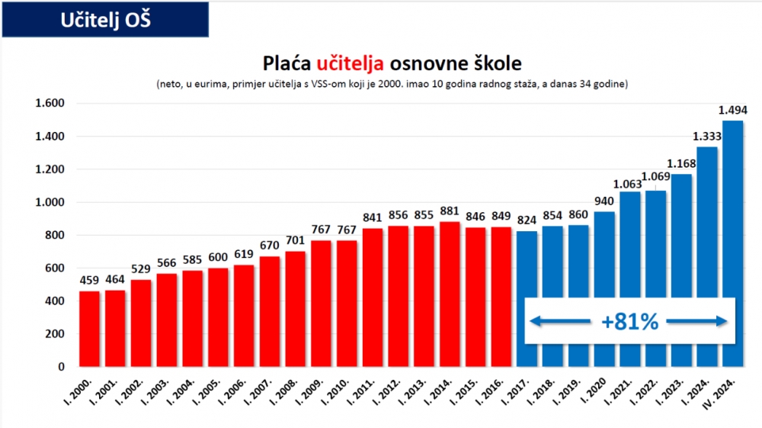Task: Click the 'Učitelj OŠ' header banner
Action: pyautogui.click(x=105, y=20)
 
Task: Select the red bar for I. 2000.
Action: pyautogui.click(x=89, y=329)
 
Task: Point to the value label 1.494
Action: pyautogui.click(x=732, y=111)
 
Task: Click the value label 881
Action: pyautogui.click(x=450, y=212)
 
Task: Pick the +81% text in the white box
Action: pyautogui.click(x=629, y=322)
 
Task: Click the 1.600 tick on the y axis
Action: pyautogui.click(x=50, y=104)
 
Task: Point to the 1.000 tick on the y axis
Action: pyautogui.click(x=50, y=202)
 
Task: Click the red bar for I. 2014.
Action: pyautogui.click(x=450, y=294)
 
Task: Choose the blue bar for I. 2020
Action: pyautogui.click(x=604, y=290)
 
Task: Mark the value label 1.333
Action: pyautogui.click(x=706, y=137)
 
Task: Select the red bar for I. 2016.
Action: pyautogui.click(x=501, y=297)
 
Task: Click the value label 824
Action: pyautogui.click(x=527, y=221)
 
